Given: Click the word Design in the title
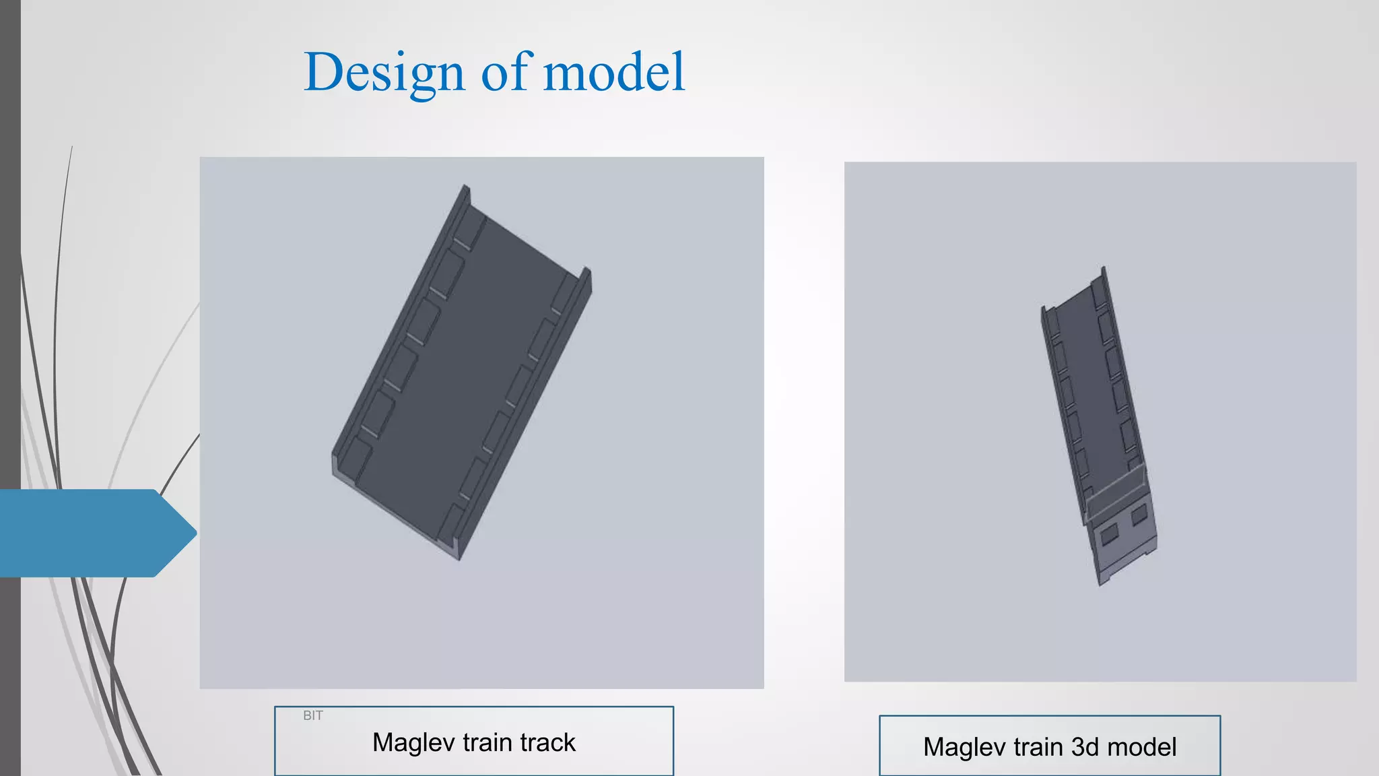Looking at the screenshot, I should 384,73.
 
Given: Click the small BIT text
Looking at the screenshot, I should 313,715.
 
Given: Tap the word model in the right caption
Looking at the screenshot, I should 1142,747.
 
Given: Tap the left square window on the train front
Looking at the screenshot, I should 1108,535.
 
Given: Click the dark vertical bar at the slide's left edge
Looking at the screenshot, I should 10,269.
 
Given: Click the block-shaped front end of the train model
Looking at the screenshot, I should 1123,539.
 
